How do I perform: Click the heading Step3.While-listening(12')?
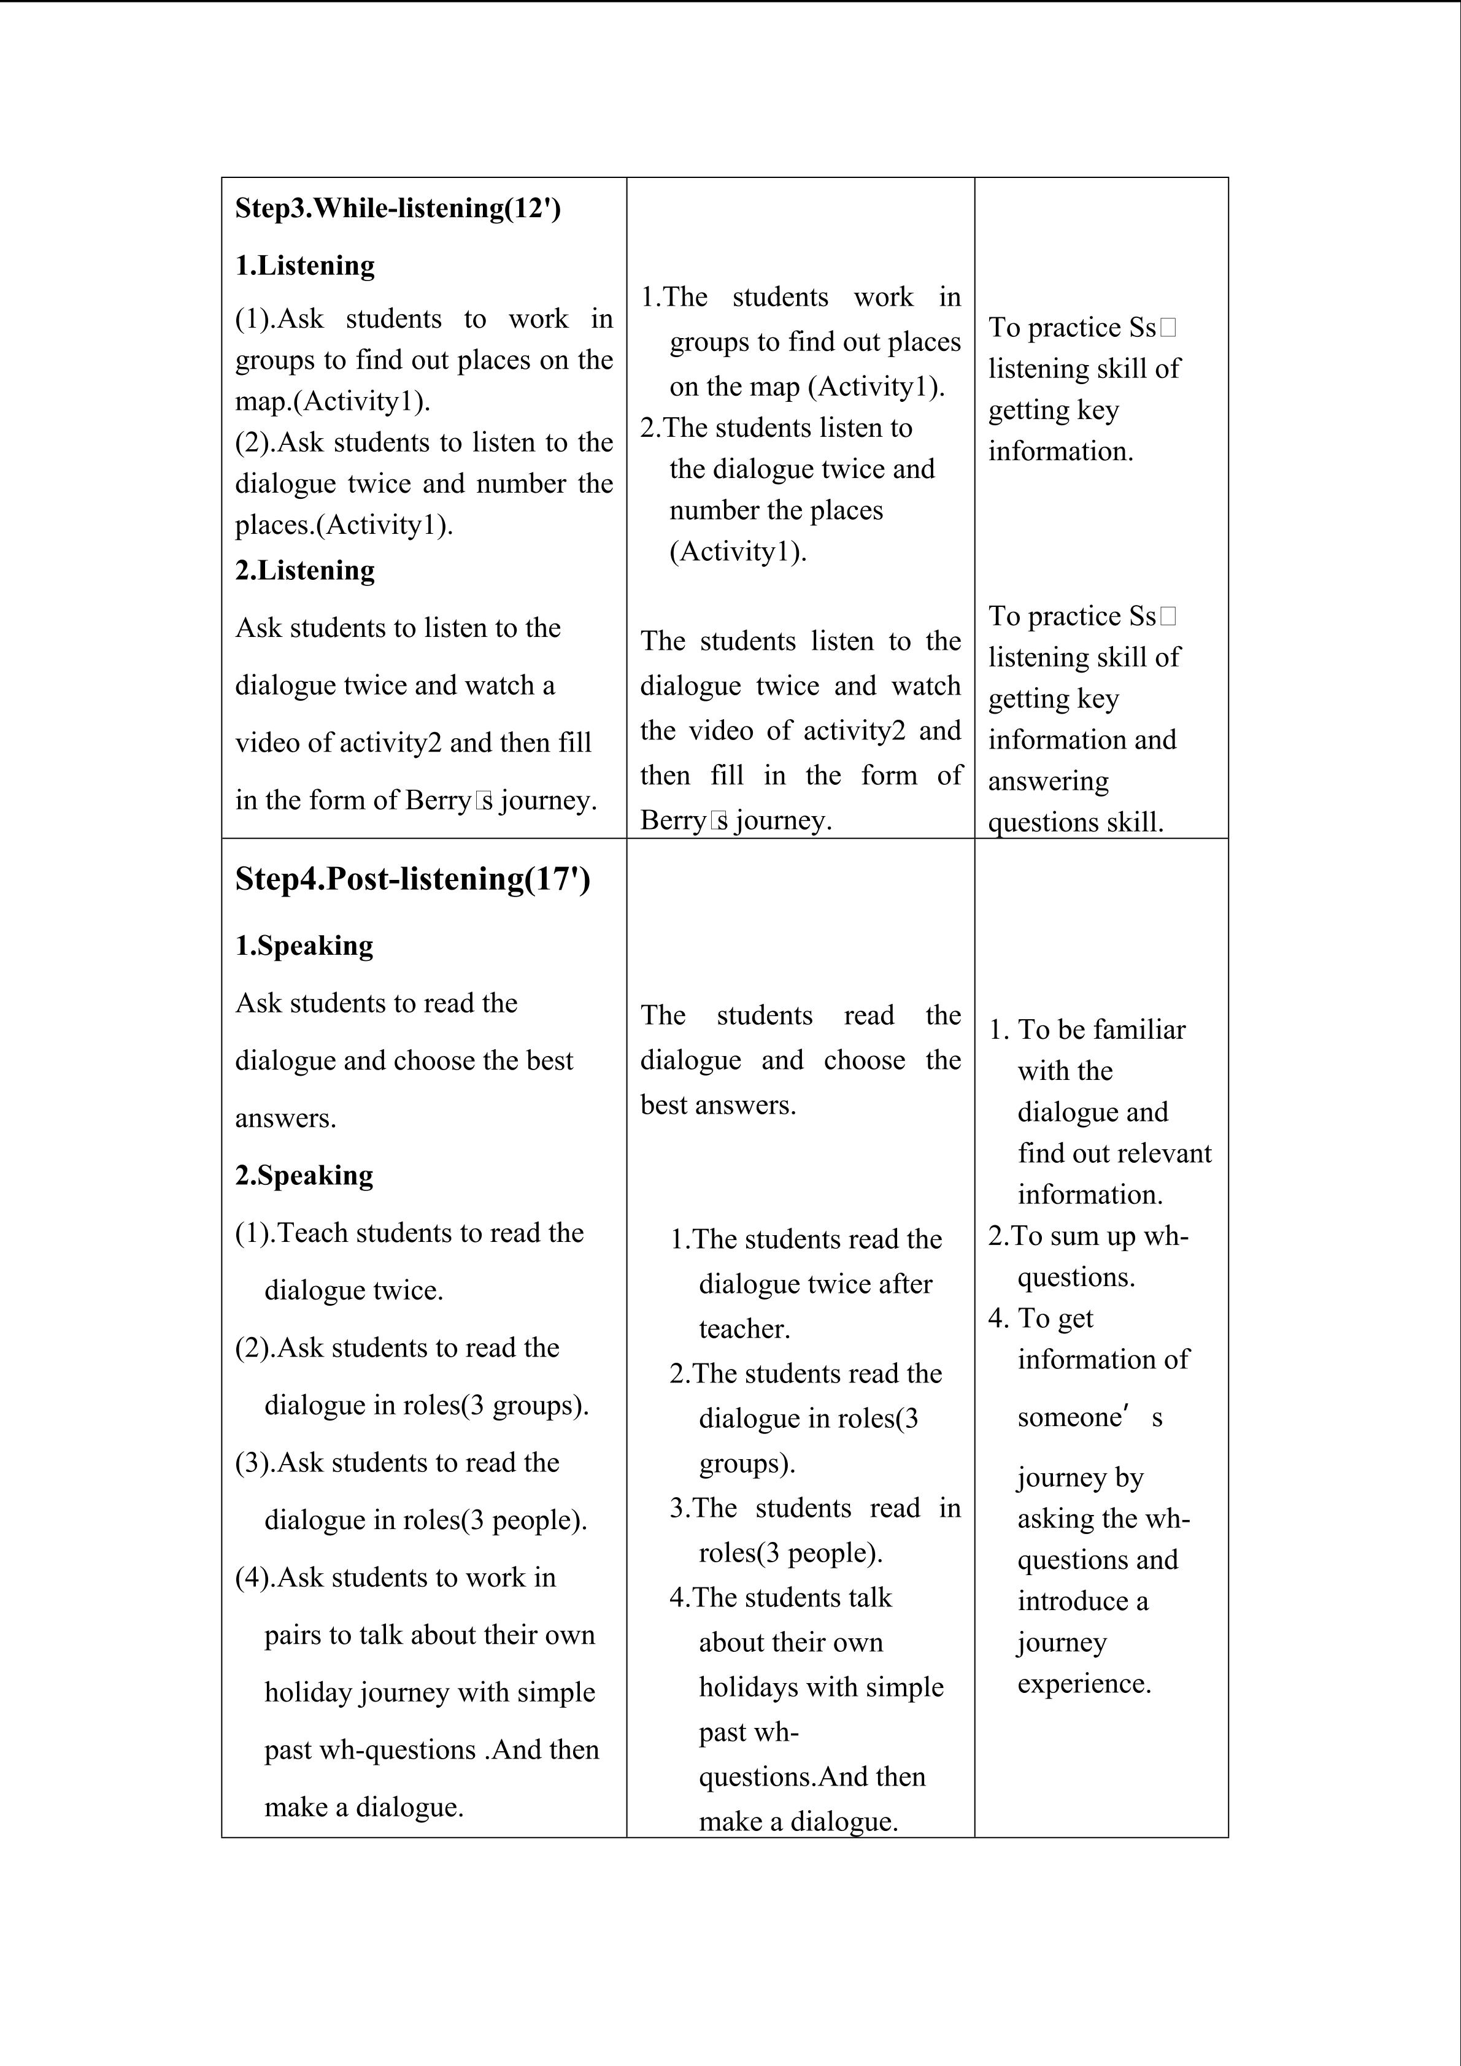(x=398, y=208)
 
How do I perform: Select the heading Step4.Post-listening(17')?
(x=413, y=879)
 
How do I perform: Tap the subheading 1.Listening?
(x=305, y=266)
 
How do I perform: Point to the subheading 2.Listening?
(x=305, y=571)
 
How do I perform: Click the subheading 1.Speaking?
(x=304, y=946)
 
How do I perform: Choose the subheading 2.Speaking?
(x=304, y=1175)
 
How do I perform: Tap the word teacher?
(x=744, y=1328)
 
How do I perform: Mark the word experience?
(x=1084, y=1684)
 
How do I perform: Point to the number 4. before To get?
(x=998, y=1318)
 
